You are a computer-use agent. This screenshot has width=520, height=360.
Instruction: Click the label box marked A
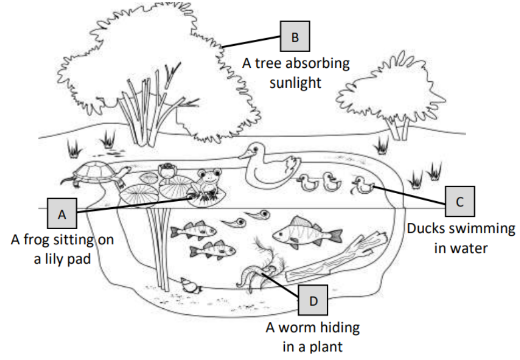[62, 213]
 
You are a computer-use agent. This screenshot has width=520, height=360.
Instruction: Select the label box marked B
[294, 37]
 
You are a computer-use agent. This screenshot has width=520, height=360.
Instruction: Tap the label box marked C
[459, 201]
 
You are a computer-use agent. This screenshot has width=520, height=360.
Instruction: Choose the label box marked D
[314, 300]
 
